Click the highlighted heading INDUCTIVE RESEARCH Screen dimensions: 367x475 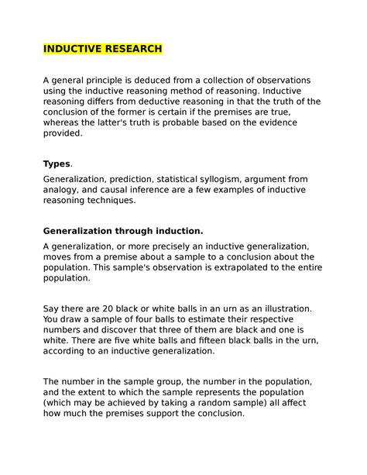[x=102, y=49]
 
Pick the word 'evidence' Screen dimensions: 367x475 [x=283, y=122]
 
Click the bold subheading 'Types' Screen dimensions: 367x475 [x=56, y=164]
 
